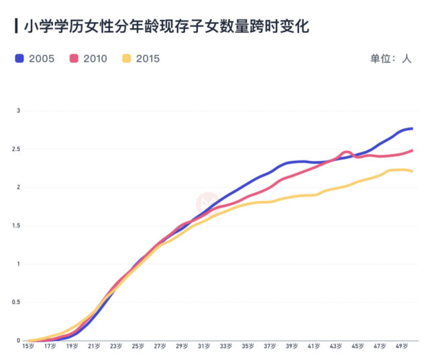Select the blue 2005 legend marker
coord(19,58)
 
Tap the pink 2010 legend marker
coord(74,58)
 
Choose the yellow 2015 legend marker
coord(127,58)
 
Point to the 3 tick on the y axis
coord(19,111)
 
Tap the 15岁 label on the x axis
coord(28,347)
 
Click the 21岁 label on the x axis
coord(94,347)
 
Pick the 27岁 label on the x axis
coord(160,347)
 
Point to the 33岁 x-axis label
coord(225,347)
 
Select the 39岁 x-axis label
coord(291,347)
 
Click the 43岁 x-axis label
coord(335,347)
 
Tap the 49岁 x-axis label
coord(401,347)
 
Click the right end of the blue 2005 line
coord(412,128)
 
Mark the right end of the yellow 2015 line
coord(412,171)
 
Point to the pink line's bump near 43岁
coord(346,153)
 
